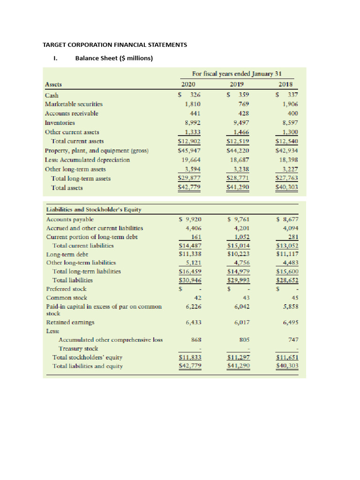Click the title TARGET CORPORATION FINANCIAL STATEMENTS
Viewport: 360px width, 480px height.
tap(115, 45)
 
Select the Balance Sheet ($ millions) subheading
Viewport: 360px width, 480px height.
tap(114, 59)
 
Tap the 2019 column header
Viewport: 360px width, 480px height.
tap(237, 85)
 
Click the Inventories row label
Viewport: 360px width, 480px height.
tap(60, 122)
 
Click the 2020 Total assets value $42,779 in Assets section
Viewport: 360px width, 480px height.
tap(190, 187)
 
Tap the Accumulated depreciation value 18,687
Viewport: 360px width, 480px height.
tap(239, 159)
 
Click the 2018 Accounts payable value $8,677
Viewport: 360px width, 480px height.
tap(288, 219)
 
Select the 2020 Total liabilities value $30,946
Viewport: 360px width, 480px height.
tap(190, 280)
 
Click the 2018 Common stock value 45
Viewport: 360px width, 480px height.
tap(295, 298)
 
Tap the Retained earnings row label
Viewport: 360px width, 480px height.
tap(70, 322)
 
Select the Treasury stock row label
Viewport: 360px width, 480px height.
tap(78, 348)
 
